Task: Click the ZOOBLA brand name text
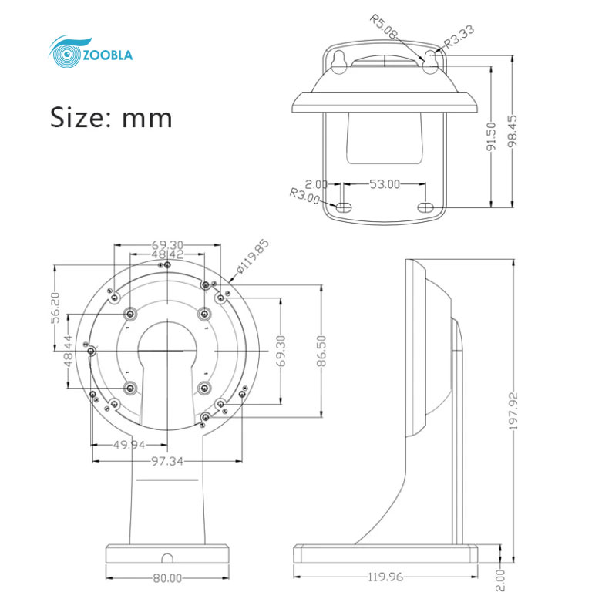coord(108,55)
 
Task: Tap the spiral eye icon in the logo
coord(67,54)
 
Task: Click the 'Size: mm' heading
coord(111,117)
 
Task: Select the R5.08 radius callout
coord(383,26)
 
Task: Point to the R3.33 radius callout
coord(459,37)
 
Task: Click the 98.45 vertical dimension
coord(513,131)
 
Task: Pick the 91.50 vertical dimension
coord(491,136)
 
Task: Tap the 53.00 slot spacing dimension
coord(385,184)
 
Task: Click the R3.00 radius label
coord(304,196)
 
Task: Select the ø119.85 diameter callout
coord(253,257)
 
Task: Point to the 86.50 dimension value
coord(321,351)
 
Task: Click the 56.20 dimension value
coord(55,308)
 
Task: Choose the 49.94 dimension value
coord(129,445)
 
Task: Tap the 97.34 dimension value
coord(167,461)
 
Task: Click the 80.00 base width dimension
coord(167,578)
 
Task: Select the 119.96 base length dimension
coord(385,577)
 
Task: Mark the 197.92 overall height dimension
coord(513,411)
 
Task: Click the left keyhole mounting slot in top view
coord(338,62)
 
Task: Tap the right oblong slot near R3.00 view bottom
coord(426,207)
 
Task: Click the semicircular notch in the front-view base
coord(167,558)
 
